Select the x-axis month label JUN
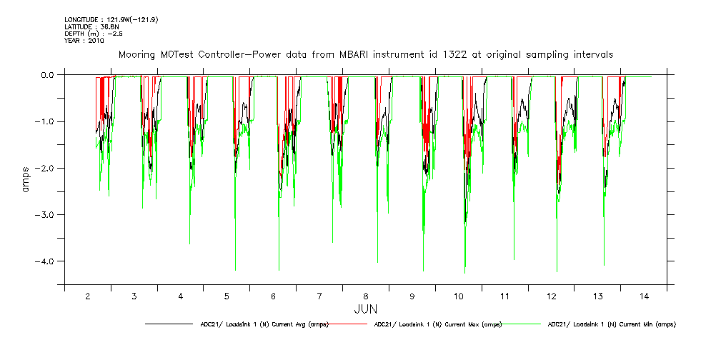(366, 309)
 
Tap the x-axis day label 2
(88, 296)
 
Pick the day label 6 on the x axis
(273, 296)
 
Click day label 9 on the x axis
(412, 296)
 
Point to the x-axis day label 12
(551, 296)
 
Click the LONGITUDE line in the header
(111, 19)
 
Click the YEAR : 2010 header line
(84, 41)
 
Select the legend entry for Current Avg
(264, 324)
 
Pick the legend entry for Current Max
(437, 324)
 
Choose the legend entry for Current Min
(611, 324)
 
